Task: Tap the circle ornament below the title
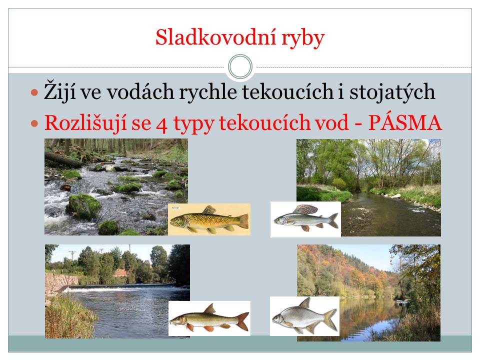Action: coord(240,66)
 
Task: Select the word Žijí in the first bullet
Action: coord(59,91)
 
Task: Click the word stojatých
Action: coord(392,91)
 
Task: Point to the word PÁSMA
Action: coord(405,123)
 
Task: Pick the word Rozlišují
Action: coord(85,123)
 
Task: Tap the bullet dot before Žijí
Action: coord(34,92)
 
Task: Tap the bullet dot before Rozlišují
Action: coord(34,123)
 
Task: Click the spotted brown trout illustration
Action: coord(209,220)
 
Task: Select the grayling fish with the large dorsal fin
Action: coord(306,218)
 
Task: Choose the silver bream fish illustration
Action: coord(305,316)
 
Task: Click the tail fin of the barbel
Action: coord(242,321)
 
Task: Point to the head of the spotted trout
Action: coord(177,220)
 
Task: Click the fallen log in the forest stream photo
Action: coord(63,160)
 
